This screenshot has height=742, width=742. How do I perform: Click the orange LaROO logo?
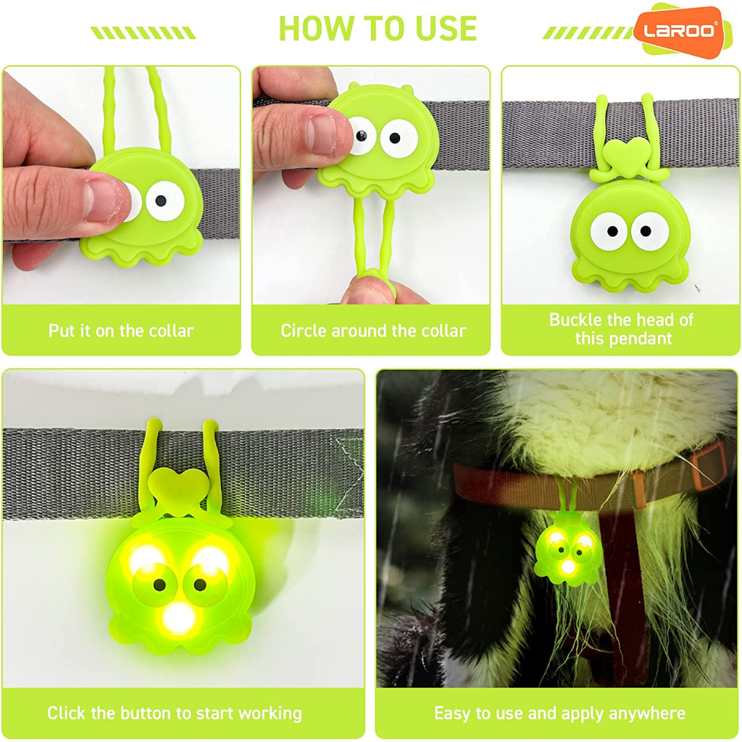coord(680,31)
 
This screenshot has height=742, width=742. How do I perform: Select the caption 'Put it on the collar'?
coord(121,330)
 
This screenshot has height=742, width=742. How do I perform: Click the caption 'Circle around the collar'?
coord(373,330)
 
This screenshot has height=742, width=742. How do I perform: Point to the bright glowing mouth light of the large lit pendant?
coord(178,617)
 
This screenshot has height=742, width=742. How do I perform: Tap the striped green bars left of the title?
coord(143,33)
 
